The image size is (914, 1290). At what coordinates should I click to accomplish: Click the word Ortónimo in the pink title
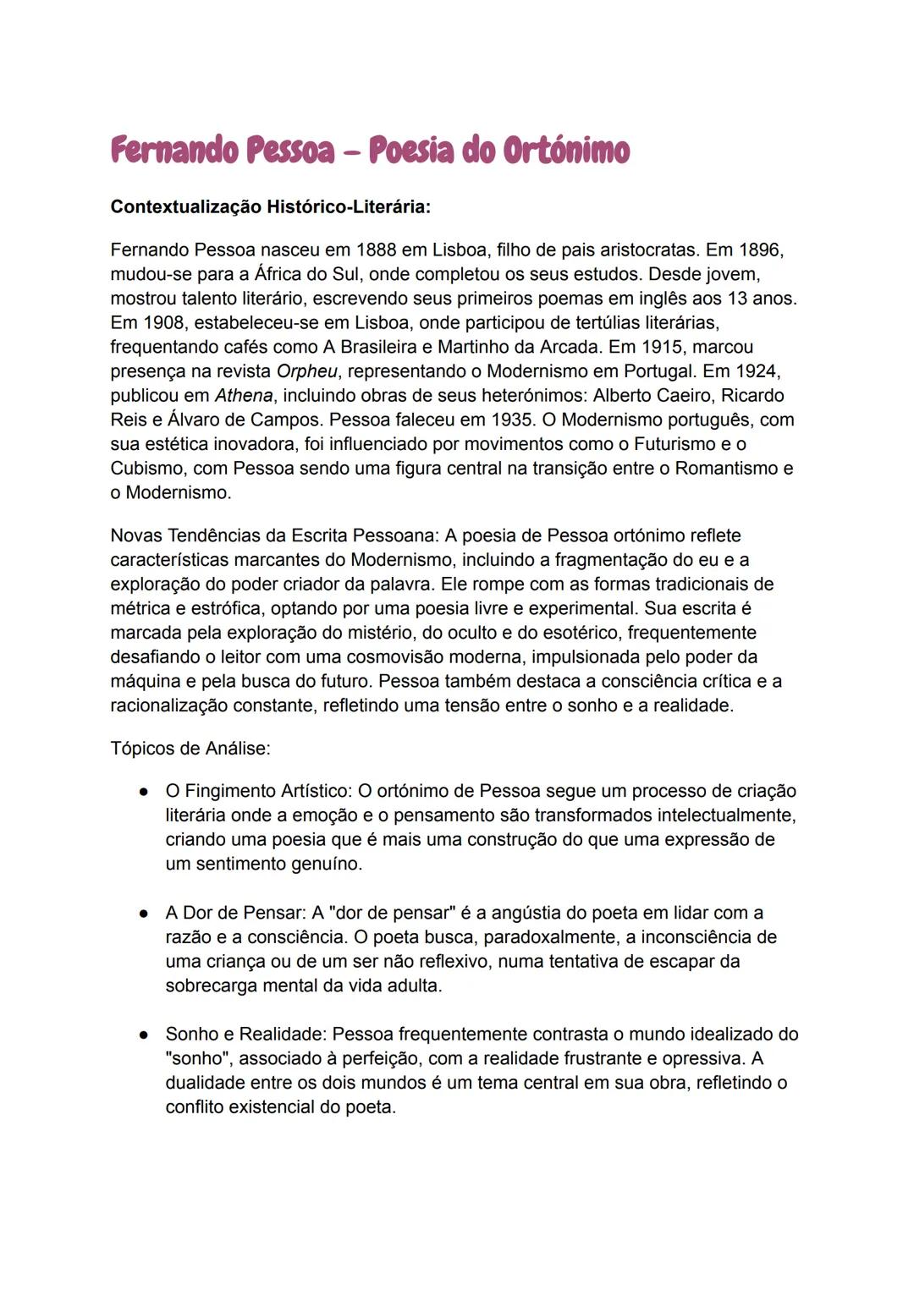tap(566, 151)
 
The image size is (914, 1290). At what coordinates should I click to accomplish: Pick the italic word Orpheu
tap(308, 371)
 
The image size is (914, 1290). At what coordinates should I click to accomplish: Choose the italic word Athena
tap(244, 396)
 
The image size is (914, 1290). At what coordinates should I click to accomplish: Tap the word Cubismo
tap(146, 469)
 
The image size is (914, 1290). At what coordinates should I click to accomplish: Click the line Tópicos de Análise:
tap(190, 749)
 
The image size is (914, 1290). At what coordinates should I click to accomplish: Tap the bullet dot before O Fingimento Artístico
tap(145, 792)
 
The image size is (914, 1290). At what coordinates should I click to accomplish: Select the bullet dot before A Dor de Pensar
tap(145, 914)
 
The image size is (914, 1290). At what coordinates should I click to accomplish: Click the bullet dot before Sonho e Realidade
tap(145, 1035)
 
